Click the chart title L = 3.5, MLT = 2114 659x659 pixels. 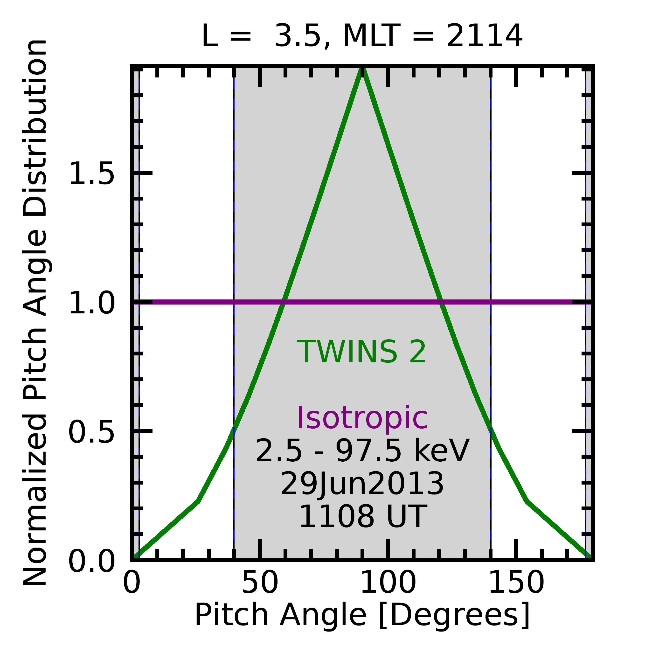point(362,36)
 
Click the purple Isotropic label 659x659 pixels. point(362,418)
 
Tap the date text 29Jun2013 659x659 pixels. point(362,484)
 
